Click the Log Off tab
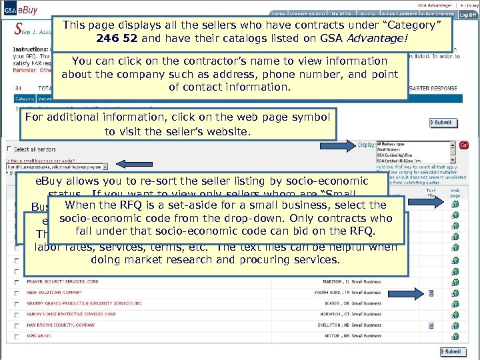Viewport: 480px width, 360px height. pyautogui.click(x=468, y=14)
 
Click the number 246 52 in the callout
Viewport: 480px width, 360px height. pyautogui.click(x=117, y=38)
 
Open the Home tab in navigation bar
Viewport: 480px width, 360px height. pyautogui.click(x=278, y=14)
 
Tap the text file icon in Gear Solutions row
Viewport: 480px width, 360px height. pyautogui.click(x=431, y=293)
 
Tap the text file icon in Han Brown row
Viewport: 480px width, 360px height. pyautogui.click(x=431, y=325)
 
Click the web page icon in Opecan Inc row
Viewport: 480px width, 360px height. pyautogui.click(x=455, y=336)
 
